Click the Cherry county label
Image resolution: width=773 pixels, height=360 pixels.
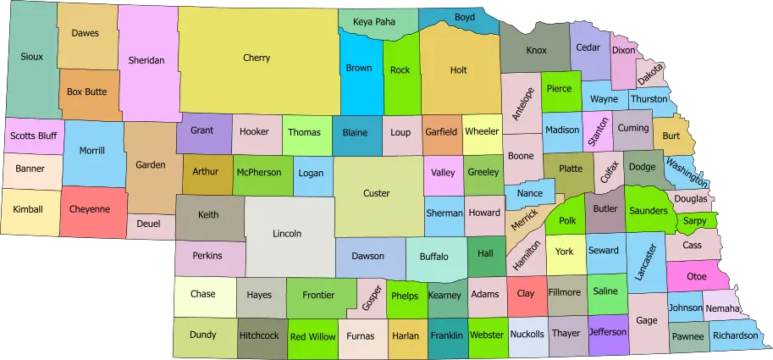click(257, 58)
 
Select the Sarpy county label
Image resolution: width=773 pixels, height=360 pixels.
click(694, 220)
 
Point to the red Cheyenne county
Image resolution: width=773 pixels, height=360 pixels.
click(89, 210)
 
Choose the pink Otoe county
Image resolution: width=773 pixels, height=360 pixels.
click(697, 276)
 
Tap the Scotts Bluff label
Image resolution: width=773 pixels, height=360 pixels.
click(34, 135)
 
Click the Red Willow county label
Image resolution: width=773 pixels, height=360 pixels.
click(312, 336)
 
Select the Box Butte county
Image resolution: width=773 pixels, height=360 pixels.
click(86, 91)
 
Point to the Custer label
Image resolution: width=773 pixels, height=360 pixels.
click(377, 193)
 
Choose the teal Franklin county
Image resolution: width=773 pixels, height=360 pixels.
click(446, 335)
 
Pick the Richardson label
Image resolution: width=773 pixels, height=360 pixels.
click(735, 335)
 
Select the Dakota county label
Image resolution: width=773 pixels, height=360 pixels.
click(650, 75)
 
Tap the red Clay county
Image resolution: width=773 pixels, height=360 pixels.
click(526, 294)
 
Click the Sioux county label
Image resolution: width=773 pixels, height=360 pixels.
click(32, 57)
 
